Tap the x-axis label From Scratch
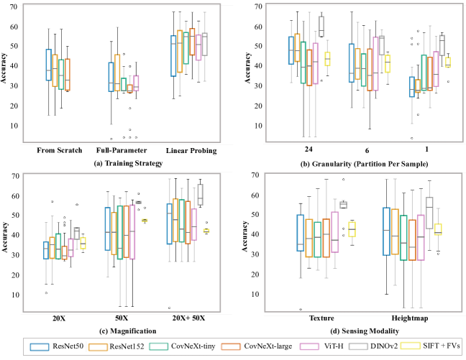point(58,151)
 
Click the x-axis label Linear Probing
point(186,151)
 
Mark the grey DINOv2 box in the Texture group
point(343,205)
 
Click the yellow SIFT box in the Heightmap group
point(438,229)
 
